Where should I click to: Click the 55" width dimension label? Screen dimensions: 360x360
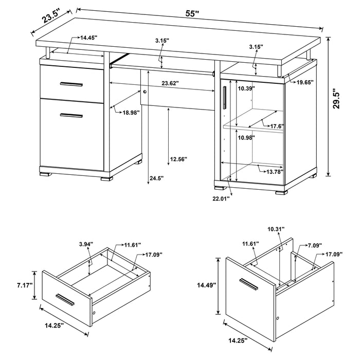pyautogui.click(x=193, y=14)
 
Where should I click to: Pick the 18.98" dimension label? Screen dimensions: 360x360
pyautogui.click(x=132, y=113)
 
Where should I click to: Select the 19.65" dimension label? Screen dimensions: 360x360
pyautogui.click(x=303, y=82)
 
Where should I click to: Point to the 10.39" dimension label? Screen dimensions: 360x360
pyautogui.click(x=245, y=88)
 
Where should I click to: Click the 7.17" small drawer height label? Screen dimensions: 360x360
pyautogui.click(x=24, y=284)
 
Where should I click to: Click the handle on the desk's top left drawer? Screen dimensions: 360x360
pyautogui.click(x=70, y=83)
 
